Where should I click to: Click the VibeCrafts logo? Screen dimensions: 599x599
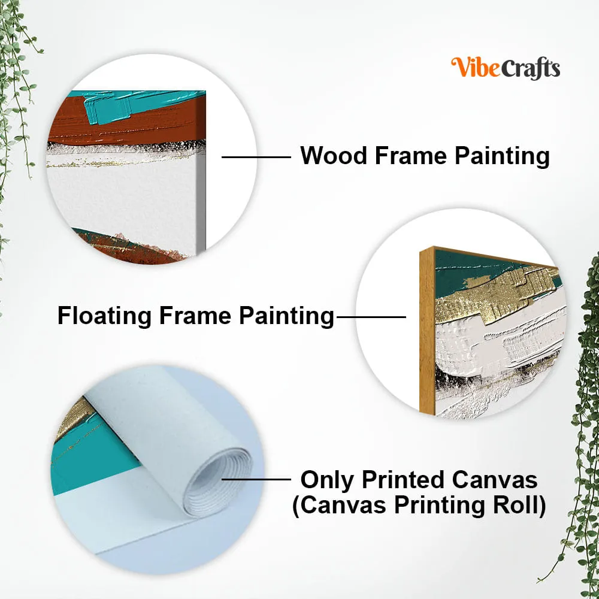(x=506, y=68)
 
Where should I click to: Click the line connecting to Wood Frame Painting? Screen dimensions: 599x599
(x=256, y=157)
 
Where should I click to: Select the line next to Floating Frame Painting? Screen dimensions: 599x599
(x=371, y=317)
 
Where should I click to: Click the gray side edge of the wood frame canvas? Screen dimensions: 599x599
(x=201, y=202)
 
